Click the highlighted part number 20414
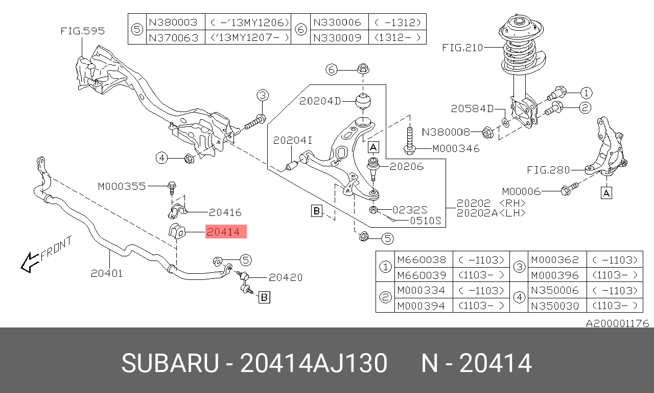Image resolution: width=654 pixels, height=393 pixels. [x=226, y=232]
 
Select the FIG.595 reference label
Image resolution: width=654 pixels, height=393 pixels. [x=82, y=31]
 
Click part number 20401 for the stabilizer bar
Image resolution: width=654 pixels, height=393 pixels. [x=107, y=273]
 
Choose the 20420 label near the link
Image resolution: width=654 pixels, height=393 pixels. [x=286, y=277]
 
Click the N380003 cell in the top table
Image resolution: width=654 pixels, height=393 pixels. [x=173, y=22]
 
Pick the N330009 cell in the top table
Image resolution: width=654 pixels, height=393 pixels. [x=337, y=37]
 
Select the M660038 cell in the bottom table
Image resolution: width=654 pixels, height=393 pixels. [x=422, y=260]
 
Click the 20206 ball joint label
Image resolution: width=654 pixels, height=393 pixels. [x=407, y=166]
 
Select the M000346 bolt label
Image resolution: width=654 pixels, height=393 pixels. [x=456, y=148]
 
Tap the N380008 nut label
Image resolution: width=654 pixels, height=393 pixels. [x=446, y=132]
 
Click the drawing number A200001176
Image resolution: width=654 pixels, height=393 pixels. [x=617, y=323]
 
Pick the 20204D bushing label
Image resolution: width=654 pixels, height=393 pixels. [x=320, y=101]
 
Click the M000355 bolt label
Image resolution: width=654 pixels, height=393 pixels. [x=122, y=187]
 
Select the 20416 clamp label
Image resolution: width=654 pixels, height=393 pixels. [x=225, y=212]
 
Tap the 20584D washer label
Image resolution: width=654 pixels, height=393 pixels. [x=472, y=108]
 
